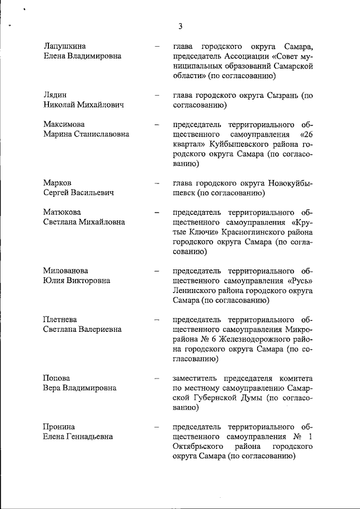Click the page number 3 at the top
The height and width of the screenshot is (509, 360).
tap(180, 26)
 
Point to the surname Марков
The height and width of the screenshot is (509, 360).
tap(57, 183)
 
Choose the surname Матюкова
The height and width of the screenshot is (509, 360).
tap(62, 212)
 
